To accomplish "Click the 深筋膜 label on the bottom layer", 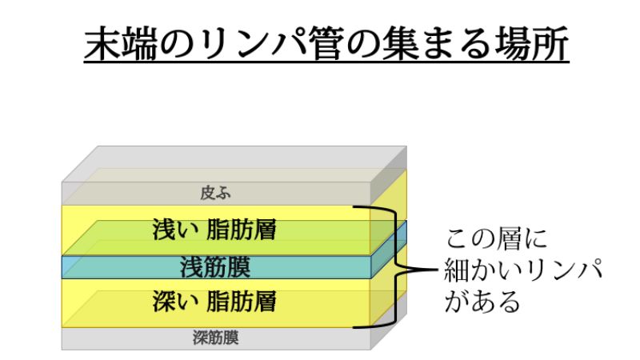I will coord(216,338).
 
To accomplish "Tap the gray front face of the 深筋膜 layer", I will coord(120,338).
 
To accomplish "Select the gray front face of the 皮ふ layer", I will coord(120,194).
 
